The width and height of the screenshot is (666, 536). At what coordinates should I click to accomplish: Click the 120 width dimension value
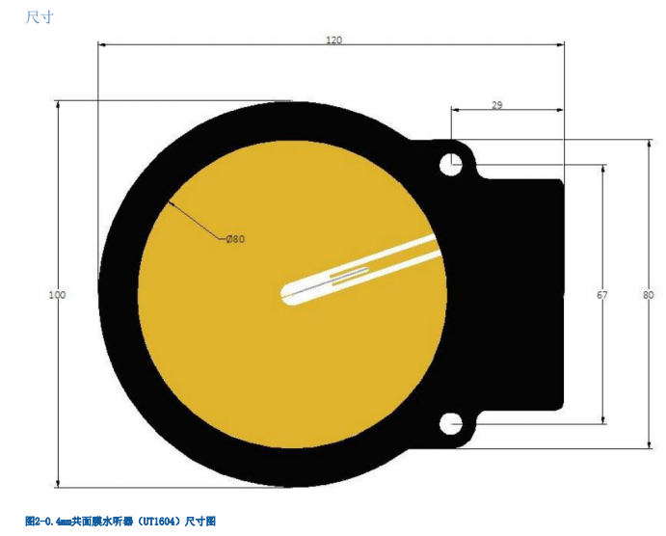pos(333,40)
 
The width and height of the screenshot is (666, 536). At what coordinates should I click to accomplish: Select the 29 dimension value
pos(497,105)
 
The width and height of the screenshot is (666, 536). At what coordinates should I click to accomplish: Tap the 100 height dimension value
pos(57,295)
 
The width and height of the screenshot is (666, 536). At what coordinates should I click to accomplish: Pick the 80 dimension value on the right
pos(648,295)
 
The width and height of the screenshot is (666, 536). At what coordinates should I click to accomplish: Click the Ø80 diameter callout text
pos(235,239)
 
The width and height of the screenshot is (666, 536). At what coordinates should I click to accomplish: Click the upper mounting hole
pos(451,165)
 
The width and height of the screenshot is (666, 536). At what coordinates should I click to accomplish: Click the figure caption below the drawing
pos(126,521)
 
